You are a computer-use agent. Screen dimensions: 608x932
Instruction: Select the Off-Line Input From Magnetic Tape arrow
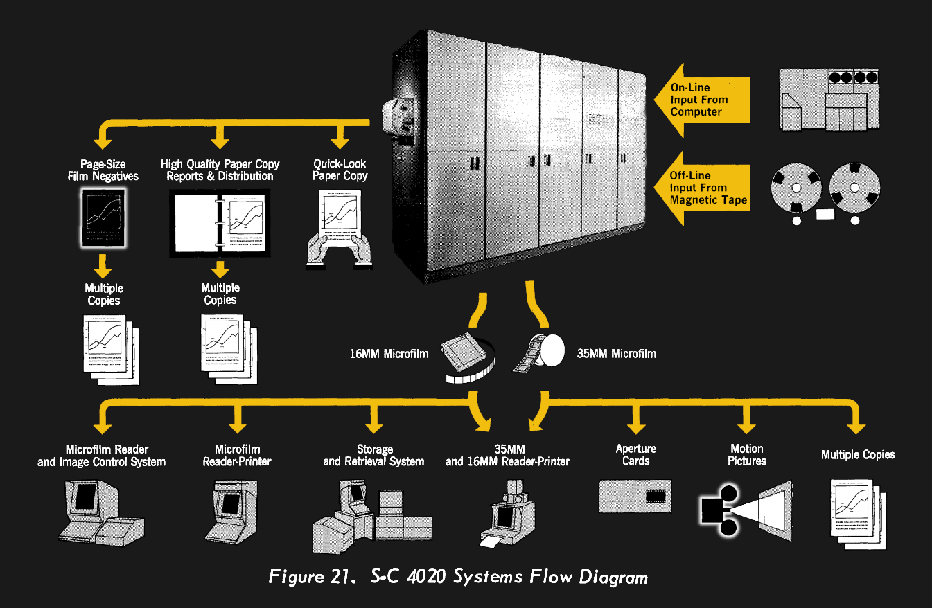coord(700,188)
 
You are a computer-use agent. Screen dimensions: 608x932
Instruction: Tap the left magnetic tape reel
coord(796,188)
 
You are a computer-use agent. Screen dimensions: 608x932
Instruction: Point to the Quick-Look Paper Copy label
coord(340,170)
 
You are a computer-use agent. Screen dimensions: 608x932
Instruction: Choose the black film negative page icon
coord(103,218)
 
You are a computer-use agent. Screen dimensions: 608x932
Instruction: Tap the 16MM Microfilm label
coord(389,354)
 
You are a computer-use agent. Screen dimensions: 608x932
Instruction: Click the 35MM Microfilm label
coord(616,354)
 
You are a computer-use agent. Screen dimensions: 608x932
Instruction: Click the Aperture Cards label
coord(635,455)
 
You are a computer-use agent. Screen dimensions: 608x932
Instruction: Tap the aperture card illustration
coord(635,495)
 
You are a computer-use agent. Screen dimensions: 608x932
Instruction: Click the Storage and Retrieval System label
coord(373,456)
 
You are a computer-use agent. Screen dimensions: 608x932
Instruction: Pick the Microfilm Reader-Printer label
coord(237,456)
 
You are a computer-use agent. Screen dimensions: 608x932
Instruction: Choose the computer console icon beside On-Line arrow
coord(829,100)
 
